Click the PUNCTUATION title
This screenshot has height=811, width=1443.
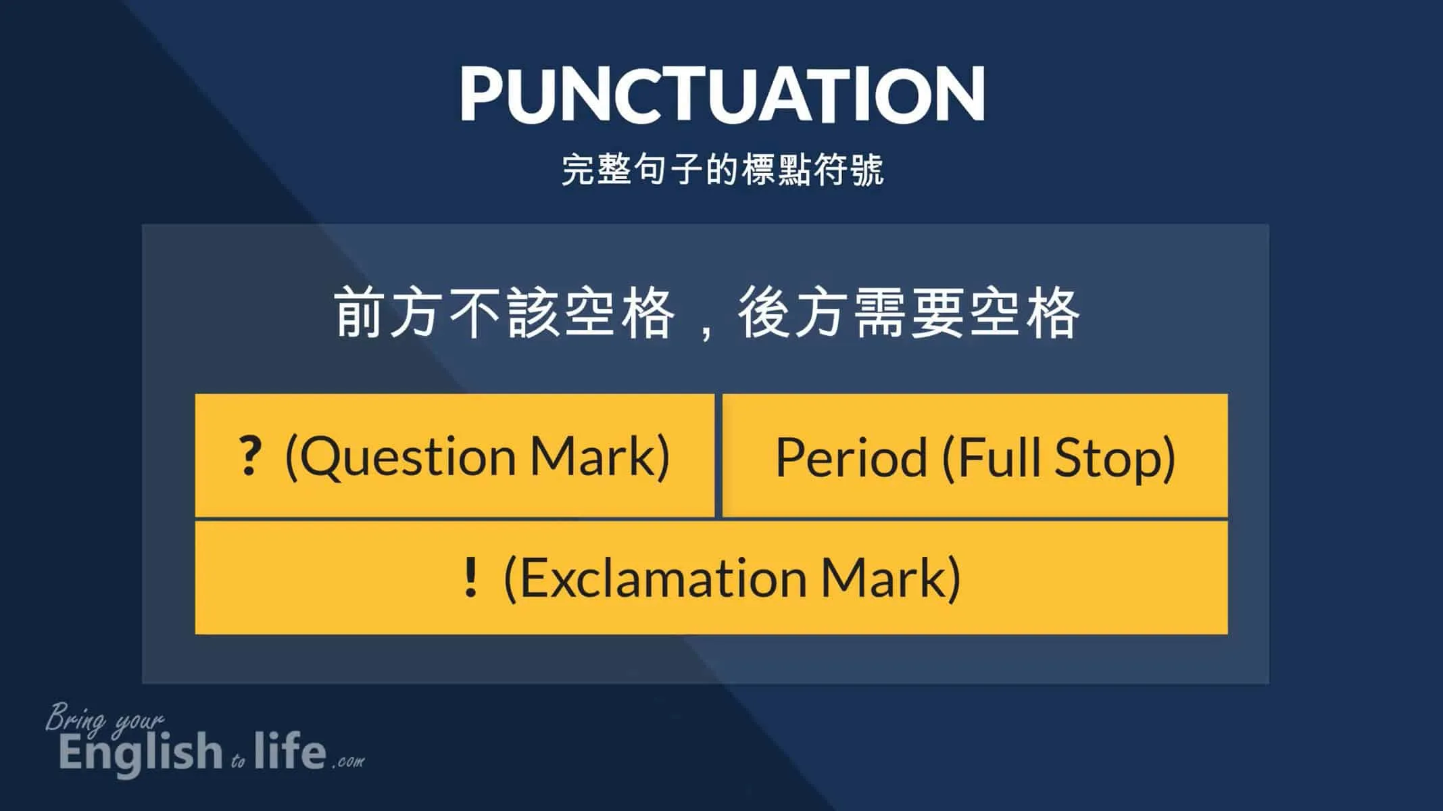point(722,94)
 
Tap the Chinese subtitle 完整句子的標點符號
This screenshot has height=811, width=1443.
point(723,170)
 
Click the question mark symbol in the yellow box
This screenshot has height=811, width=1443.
point(249,456)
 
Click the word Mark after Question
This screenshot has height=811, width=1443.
point(591,457)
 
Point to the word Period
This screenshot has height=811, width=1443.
point(851,458)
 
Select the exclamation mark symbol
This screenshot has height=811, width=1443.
point(471,576)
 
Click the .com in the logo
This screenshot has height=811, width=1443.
point(348,761)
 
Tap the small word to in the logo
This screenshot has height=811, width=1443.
point(238,762)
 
